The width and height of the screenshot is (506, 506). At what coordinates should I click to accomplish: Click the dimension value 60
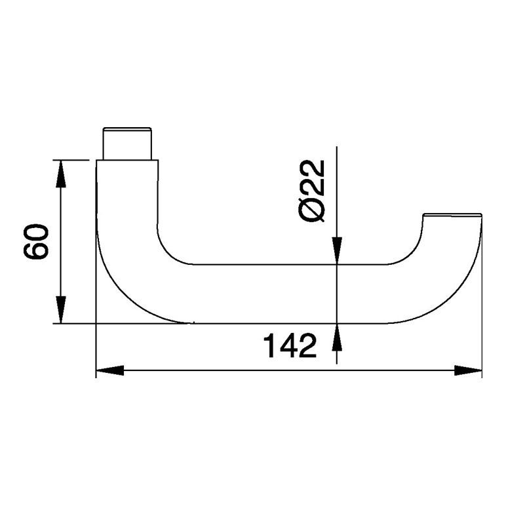click(x=36, y=241)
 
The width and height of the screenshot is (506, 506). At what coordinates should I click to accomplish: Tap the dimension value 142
click(x=290, y=345)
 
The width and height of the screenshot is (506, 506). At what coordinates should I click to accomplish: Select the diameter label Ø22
click(x=312, y=191)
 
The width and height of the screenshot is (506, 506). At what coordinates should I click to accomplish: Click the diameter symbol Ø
click(x=312, y=210)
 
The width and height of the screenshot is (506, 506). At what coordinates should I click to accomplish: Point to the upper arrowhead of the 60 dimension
click(x=61, y=174)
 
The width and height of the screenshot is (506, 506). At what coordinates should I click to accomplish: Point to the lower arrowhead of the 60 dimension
click(x=61, y=309)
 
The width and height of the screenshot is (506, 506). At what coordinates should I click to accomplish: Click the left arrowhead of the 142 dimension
click(x=110, y=370)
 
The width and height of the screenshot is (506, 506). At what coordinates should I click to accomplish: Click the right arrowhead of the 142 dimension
click(x=468, y=370)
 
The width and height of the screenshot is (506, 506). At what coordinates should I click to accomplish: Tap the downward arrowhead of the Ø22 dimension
click(x=337, y=250)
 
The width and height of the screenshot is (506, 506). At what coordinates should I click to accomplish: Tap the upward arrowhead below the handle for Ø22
click(x=337, y=337)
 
